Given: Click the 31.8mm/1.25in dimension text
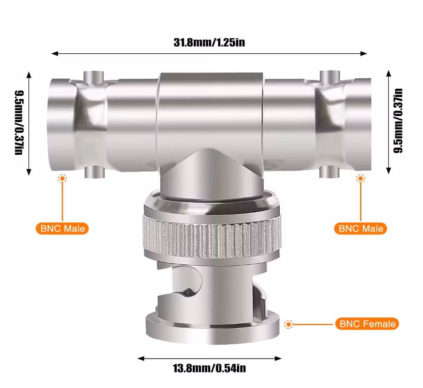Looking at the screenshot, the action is tap(209, 42).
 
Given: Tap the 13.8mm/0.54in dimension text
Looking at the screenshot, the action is tap(209, 368).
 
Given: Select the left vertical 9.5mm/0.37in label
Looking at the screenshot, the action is tap(19, 123).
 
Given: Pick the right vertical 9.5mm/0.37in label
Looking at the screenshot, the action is tap(398, 121).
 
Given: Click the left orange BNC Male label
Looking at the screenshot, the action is tap(62, 229).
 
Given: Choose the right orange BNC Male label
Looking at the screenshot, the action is tap(361, 229).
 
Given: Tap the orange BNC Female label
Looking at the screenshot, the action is tap(367, 324).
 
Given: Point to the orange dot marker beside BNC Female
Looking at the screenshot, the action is tap(289, 324).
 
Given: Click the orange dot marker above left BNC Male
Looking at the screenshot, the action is tap(62, 178).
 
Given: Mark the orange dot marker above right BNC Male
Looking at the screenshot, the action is tap(361, 178).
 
